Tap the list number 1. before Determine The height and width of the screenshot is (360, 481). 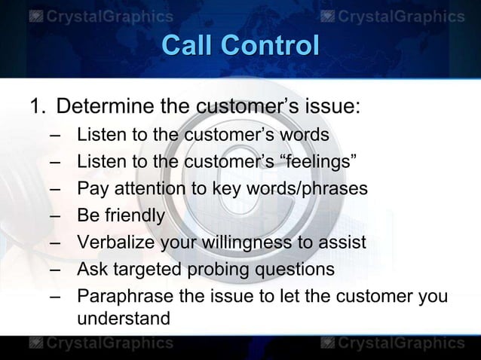[37, 106]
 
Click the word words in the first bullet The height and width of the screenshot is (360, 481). [305, 135]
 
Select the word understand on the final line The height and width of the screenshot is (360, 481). [124, 319]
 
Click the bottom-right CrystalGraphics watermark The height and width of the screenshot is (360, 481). [391, 344]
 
